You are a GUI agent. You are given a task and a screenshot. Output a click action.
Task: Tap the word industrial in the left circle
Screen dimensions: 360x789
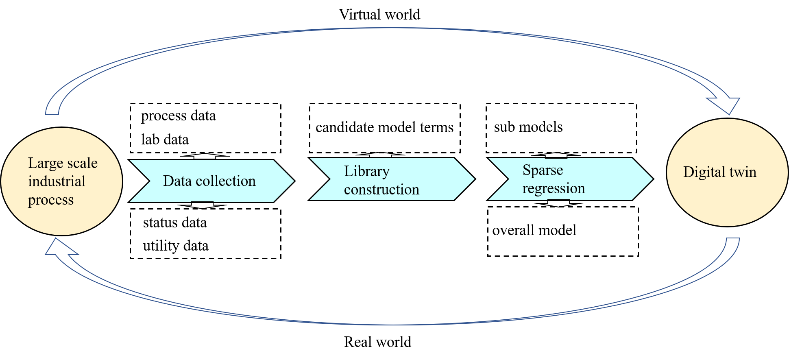coord(57,181)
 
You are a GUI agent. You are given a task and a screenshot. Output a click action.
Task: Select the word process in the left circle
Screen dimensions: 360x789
coord(51,200)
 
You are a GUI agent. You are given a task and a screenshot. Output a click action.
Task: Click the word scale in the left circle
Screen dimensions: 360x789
coord(83,164)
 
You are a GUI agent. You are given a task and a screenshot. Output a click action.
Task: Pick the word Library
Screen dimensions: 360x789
coord(366,172)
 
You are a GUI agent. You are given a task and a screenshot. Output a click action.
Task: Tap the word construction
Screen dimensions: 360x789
coord(381,190)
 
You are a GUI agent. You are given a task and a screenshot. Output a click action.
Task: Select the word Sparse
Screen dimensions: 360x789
coord(543,170)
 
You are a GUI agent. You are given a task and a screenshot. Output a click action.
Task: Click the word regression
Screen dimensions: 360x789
coord(554,188)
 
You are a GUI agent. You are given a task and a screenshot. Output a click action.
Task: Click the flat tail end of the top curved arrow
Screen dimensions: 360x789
coord(52,114)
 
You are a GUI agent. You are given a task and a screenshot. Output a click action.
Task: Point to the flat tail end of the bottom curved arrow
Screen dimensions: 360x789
coord(732,239)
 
